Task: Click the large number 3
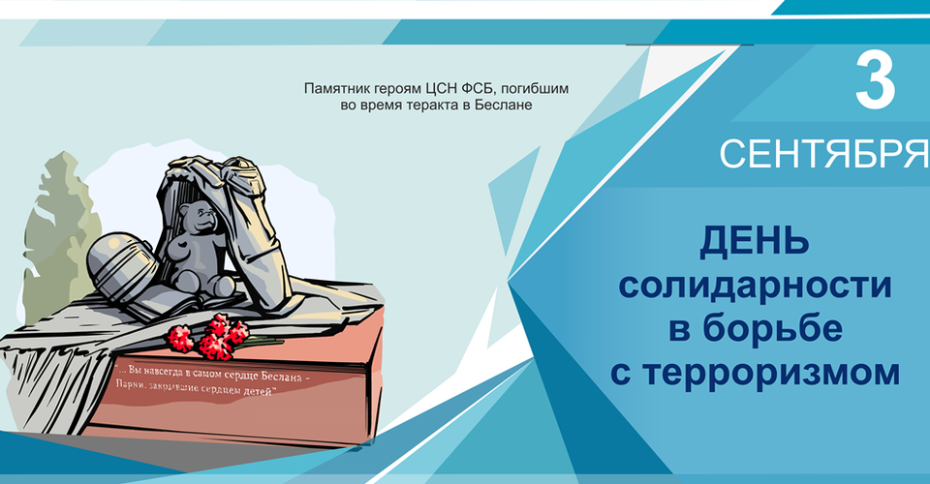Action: (876, 79)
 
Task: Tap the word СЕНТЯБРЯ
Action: (824, 155)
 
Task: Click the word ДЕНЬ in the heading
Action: (755, 242)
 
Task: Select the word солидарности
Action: (755, 286)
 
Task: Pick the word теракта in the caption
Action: (434, 106)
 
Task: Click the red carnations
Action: (209, 337)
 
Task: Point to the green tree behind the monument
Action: (59, 237)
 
